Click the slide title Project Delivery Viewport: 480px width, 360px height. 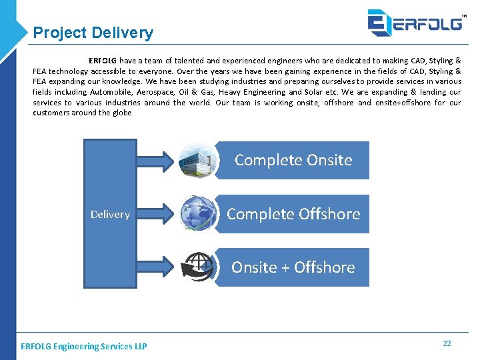(x=93, y=33)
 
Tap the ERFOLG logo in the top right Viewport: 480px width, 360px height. (x=415, y=22)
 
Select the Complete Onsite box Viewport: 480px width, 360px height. (x=293, y=160)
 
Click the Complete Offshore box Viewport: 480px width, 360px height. (x=293, y=214)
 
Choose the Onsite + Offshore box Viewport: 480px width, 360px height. (x=293, y=267)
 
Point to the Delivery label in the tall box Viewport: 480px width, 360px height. (x=110, y=214)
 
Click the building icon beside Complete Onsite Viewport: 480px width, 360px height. (x=198, y=160)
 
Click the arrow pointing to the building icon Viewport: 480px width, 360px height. (x=156, y=160)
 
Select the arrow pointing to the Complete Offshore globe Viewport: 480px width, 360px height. (x=156, y=214)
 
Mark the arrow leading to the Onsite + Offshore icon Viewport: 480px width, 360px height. (x=156, y=267)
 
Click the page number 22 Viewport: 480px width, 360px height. (x=447, y=343)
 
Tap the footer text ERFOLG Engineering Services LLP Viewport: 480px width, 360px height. (x=84, y=346)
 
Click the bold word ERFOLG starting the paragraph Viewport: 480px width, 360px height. (x=103, y=60)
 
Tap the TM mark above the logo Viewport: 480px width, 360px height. (x=464, y=7)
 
